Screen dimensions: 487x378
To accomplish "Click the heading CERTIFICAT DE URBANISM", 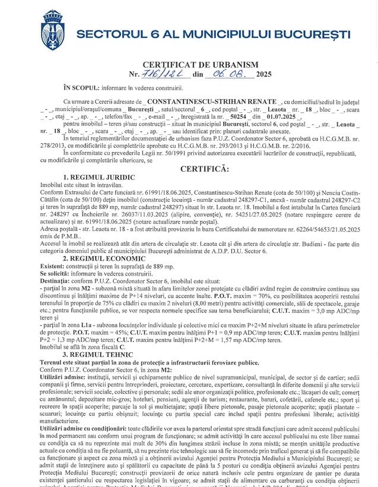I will (201, 64).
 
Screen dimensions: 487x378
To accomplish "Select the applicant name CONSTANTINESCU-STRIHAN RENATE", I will (214, 102).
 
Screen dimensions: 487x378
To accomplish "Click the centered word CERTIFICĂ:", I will (204, 169).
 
